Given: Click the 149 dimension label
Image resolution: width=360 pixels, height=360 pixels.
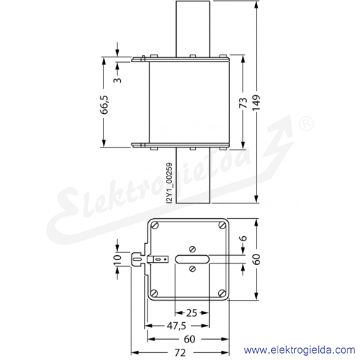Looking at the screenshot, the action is [256, 103].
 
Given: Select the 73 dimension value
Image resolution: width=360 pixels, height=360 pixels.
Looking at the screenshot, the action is [243, 103].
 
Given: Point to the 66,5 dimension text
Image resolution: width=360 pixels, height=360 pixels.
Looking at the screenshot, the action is [104, 105].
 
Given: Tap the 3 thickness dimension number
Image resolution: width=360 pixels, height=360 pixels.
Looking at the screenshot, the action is [117, 80].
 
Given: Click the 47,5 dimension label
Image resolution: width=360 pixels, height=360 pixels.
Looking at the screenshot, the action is [177, 326].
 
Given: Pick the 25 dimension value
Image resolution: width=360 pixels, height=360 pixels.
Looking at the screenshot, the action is [192, 312].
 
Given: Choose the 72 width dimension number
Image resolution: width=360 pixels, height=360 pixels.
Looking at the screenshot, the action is [180, 353].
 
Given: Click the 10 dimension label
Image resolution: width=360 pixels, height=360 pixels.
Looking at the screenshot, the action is [117, 259].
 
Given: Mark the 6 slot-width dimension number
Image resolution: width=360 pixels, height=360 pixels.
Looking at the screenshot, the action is [243, 238].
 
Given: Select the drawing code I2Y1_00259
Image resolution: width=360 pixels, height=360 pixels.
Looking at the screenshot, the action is [170, 183].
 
